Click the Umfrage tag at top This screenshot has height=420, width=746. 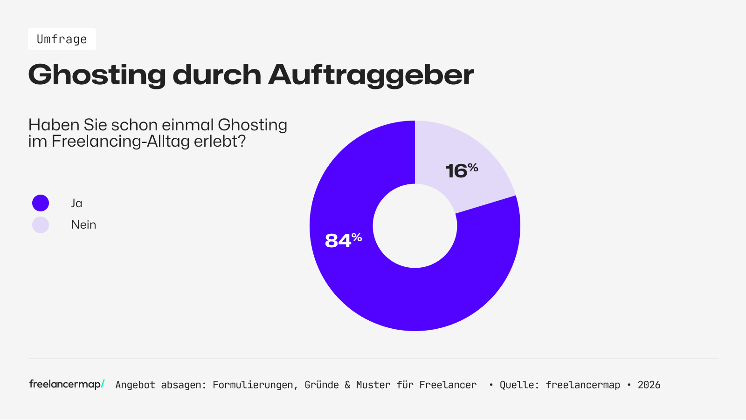click(62, 40)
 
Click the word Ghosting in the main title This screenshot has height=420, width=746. click(97, 75)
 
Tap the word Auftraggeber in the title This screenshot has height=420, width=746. click(371, 75)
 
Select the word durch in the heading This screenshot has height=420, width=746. click(217, 75)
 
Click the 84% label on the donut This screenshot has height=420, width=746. click(343, 240)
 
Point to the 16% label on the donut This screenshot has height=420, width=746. click(461, 170)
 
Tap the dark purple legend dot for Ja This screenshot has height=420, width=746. click(41, 203)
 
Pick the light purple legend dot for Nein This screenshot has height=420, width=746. click(41, 225)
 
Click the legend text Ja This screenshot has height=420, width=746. click(76, 203)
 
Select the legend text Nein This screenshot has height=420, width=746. click(83, 224)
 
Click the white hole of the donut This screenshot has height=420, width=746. click(415, 226)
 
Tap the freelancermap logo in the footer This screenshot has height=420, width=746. click(67, 384)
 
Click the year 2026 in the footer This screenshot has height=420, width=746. click(649, 385)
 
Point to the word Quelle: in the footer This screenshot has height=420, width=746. click(519, 385)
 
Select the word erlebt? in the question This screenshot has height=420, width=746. click(220, 141)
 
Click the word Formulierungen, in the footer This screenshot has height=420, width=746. click(256, 385)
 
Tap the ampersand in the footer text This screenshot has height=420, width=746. click(347, 385)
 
